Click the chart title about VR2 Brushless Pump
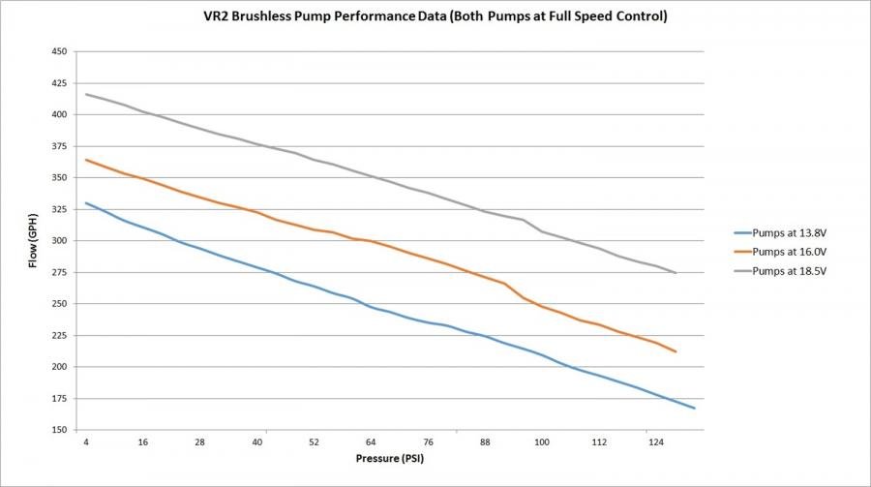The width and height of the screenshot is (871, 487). [x=435, y=17]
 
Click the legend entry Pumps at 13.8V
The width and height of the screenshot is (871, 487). [x=786, y=232]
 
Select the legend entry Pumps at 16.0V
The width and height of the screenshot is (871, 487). [x=786, y=251]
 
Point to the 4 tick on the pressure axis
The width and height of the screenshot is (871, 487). [x=87, y=441]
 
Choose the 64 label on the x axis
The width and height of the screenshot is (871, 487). [x=372, y=441]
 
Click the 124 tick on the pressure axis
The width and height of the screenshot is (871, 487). [x=655, y=441]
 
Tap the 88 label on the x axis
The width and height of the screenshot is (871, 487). [x=485, y=441]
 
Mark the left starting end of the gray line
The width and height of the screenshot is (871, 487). [x=87, y=94]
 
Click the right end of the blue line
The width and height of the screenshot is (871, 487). [x=694, y=409]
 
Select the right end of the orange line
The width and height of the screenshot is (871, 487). [x=675, y=351]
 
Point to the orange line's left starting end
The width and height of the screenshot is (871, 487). [x=87, y=160]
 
